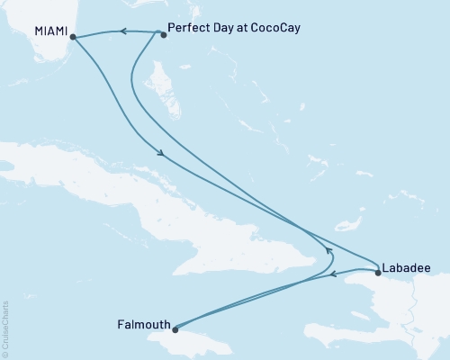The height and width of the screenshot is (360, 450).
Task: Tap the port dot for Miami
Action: [72, 38]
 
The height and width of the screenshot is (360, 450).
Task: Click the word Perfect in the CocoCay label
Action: [188, 28]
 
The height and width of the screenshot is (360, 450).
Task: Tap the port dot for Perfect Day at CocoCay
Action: [163, 35]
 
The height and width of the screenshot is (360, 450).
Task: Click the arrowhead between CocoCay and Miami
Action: [121, 32]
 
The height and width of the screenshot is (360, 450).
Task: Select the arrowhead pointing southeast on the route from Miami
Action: [161, 154]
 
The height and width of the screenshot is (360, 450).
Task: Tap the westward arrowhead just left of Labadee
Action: [331, 275]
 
